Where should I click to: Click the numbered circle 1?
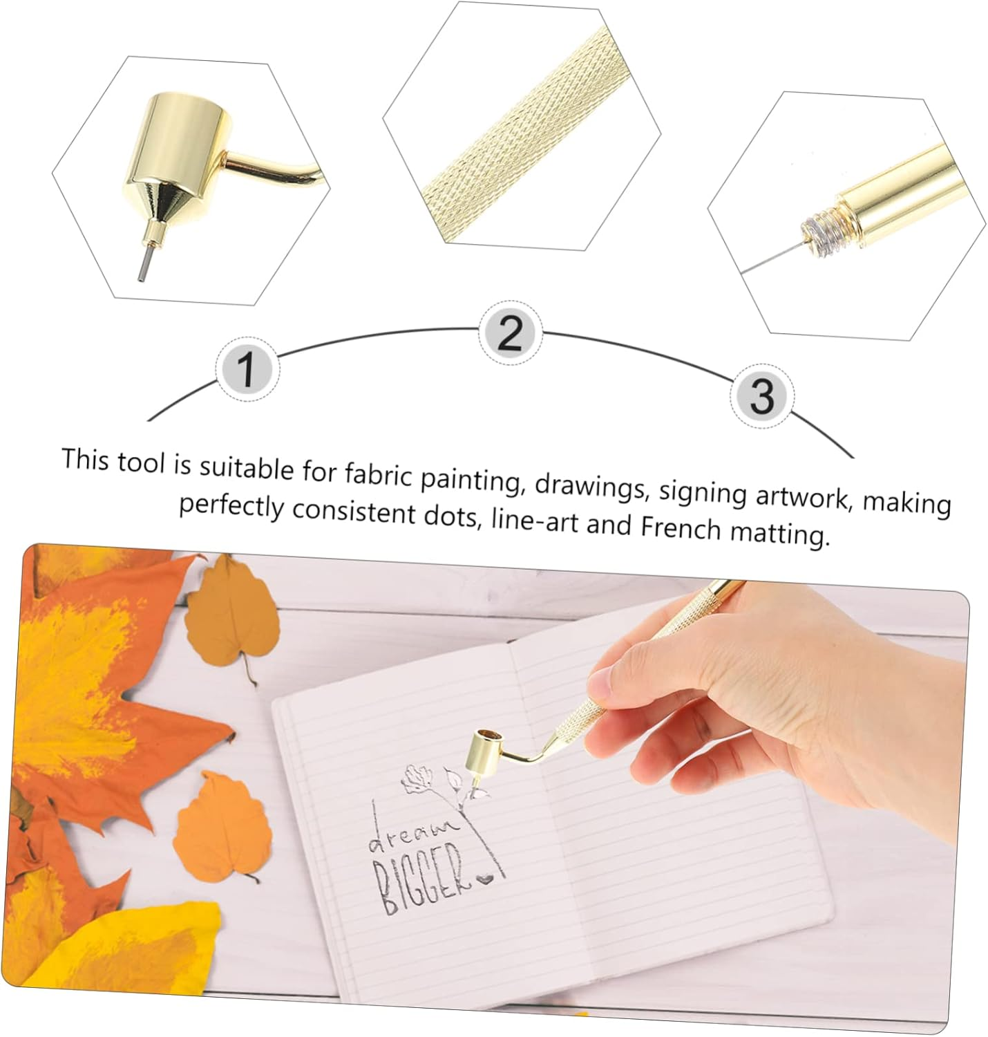[x=247, y=370]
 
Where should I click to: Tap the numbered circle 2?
[x=510, y=334]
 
